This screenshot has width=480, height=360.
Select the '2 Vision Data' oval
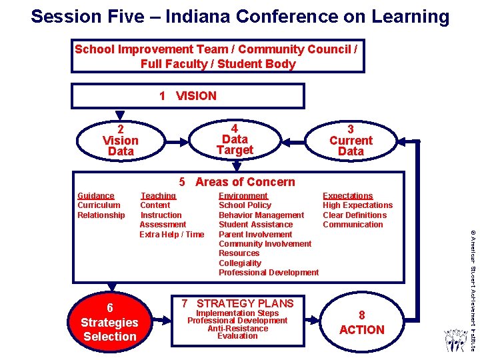tap(121, 141)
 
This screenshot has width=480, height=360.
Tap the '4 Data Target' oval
tap(235, 140)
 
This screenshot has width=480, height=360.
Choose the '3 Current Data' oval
tap(351, 141)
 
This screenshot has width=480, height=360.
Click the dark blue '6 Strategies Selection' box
tap(109, 323)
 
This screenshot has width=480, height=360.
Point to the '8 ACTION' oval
tap(361, 323)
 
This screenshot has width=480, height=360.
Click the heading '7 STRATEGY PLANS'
tap(237, 303)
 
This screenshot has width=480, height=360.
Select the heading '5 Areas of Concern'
tap(237, 182)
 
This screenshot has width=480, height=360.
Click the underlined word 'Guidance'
tap(96, 196)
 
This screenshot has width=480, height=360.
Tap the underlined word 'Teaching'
tap(158, 196)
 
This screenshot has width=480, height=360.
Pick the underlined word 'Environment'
tap(243, 196)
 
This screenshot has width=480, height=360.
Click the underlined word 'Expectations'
tap(348, 196)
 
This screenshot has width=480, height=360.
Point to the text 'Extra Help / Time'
tap(172, 234)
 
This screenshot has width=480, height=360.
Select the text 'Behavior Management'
tap(261, 215)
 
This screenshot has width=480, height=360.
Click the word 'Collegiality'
tap(240, 263)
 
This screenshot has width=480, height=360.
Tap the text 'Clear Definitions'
tap(355, 215)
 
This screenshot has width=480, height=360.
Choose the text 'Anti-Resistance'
tap(237, 328)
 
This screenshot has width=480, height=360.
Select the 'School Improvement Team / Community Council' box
tap(218, 56)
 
